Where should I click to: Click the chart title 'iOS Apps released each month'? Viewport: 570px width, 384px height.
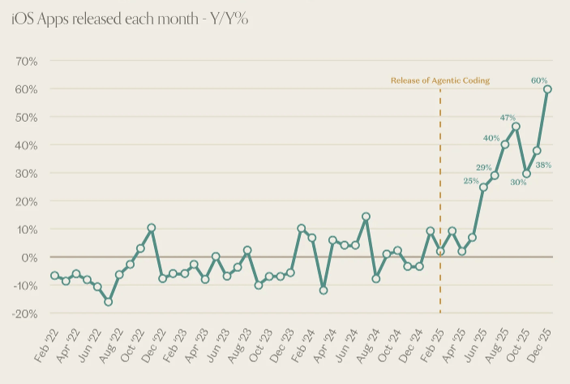[130, 19]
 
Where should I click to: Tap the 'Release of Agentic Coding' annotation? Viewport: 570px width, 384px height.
[440, 80]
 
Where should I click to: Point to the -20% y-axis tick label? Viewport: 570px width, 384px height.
[24, 313]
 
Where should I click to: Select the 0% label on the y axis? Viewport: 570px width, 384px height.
[30, 257]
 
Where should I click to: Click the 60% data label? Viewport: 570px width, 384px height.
[539, 80]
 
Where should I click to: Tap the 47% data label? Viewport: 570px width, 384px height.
[508, 118]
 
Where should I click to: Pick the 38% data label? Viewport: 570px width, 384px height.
[543, 165]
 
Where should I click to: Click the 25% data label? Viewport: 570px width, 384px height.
[471, 180]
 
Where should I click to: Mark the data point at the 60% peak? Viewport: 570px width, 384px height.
[548, 89]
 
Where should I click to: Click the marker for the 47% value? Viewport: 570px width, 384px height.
[516, 127]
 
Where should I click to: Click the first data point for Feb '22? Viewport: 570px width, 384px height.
[54, 276]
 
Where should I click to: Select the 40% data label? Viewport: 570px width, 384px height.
[491, 137]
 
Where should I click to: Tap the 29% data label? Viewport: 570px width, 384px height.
[483, 167]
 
